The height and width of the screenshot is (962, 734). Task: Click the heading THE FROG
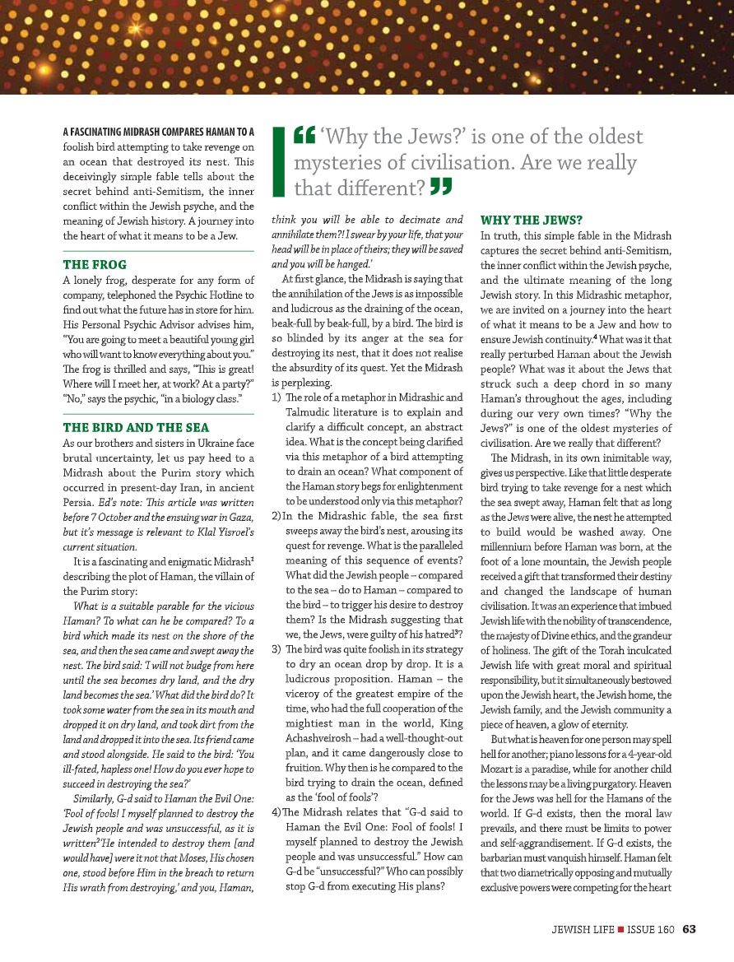point(95,265)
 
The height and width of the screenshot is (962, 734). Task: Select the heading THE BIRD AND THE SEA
point(136,428)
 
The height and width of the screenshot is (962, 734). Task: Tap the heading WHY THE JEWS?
point(531,220)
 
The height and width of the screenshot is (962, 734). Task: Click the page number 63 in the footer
point(690,930)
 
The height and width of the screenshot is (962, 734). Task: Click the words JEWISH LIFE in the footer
point(583,930)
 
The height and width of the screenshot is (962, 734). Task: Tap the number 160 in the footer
point(665,930)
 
